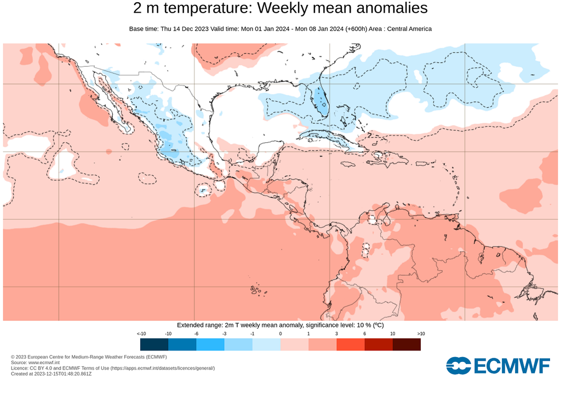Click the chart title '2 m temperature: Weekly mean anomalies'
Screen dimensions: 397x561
(280, 9)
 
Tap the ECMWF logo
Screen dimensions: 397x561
(497, 366)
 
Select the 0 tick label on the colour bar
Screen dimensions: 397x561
(280, 333)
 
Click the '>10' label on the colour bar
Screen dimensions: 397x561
(420, 333)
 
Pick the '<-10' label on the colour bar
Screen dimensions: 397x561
(141, 333)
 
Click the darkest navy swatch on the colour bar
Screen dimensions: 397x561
(154, 344)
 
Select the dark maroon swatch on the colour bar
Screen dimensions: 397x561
(407, 344)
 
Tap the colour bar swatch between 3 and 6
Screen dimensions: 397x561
(350, 344)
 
